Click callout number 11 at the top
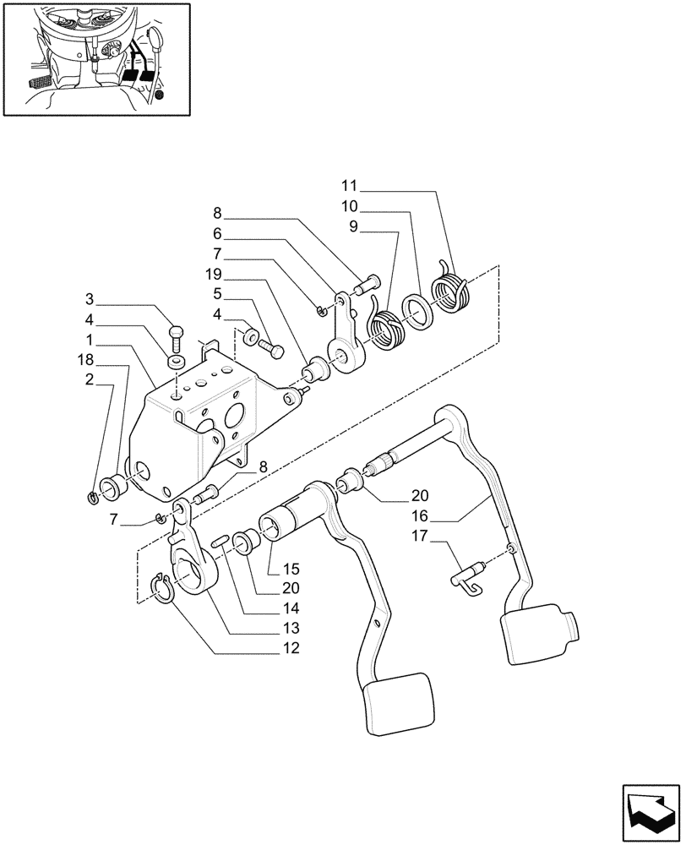tap(350, 184)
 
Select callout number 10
tap(350, 206)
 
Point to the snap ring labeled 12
tap(164, 587)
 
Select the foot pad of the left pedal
tap(400, 701)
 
